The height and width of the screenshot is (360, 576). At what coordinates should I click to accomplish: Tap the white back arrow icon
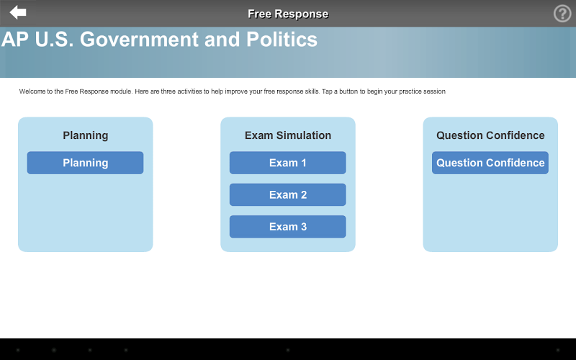(17, 12)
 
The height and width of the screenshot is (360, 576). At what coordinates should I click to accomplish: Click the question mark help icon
(562, 14)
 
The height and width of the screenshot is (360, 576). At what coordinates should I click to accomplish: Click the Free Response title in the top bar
(288, 14)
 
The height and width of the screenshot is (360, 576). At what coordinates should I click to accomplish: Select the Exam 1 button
(287, 163)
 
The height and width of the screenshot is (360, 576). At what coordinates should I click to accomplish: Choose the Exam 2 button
(287, 194)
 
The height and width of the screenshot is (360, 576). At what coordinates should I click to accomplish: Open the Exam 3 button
(287, 227)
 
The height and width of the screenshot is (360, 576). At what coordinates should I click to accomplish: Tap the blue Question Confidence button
(490, 163)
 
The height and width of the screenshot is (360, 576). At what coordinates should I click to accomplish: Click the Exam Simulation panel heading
(288, 135)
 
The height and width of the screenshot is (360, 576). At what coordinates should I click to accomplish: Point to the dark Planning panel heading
(85, 135)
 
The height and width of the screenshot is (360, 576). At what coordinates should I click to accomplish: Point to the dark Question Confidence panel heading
(490, 135)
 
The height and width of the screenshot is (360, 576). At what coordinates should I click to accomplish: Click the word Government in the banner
(139, 40)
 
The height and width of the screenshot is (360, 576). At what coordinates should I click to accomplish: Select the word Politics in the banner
(282, 40)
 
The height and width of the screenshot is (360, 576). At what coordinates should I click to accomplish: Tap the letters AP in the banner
(15, 40)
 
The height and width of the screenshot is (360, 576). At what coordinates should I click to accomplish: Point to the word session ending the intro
(435, 91)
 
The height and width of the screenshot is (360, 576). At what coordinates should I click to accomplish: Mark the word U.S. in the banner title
(55, 40)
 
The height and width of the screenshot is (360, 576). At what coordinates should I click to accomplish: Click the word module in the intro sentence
(121, 91)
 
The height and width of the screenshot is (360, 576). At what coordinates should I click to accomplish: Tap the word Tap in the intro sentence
(327, 91)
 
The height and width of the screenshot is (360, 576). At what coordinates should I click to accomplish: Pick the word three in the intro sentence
(168, 91)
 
